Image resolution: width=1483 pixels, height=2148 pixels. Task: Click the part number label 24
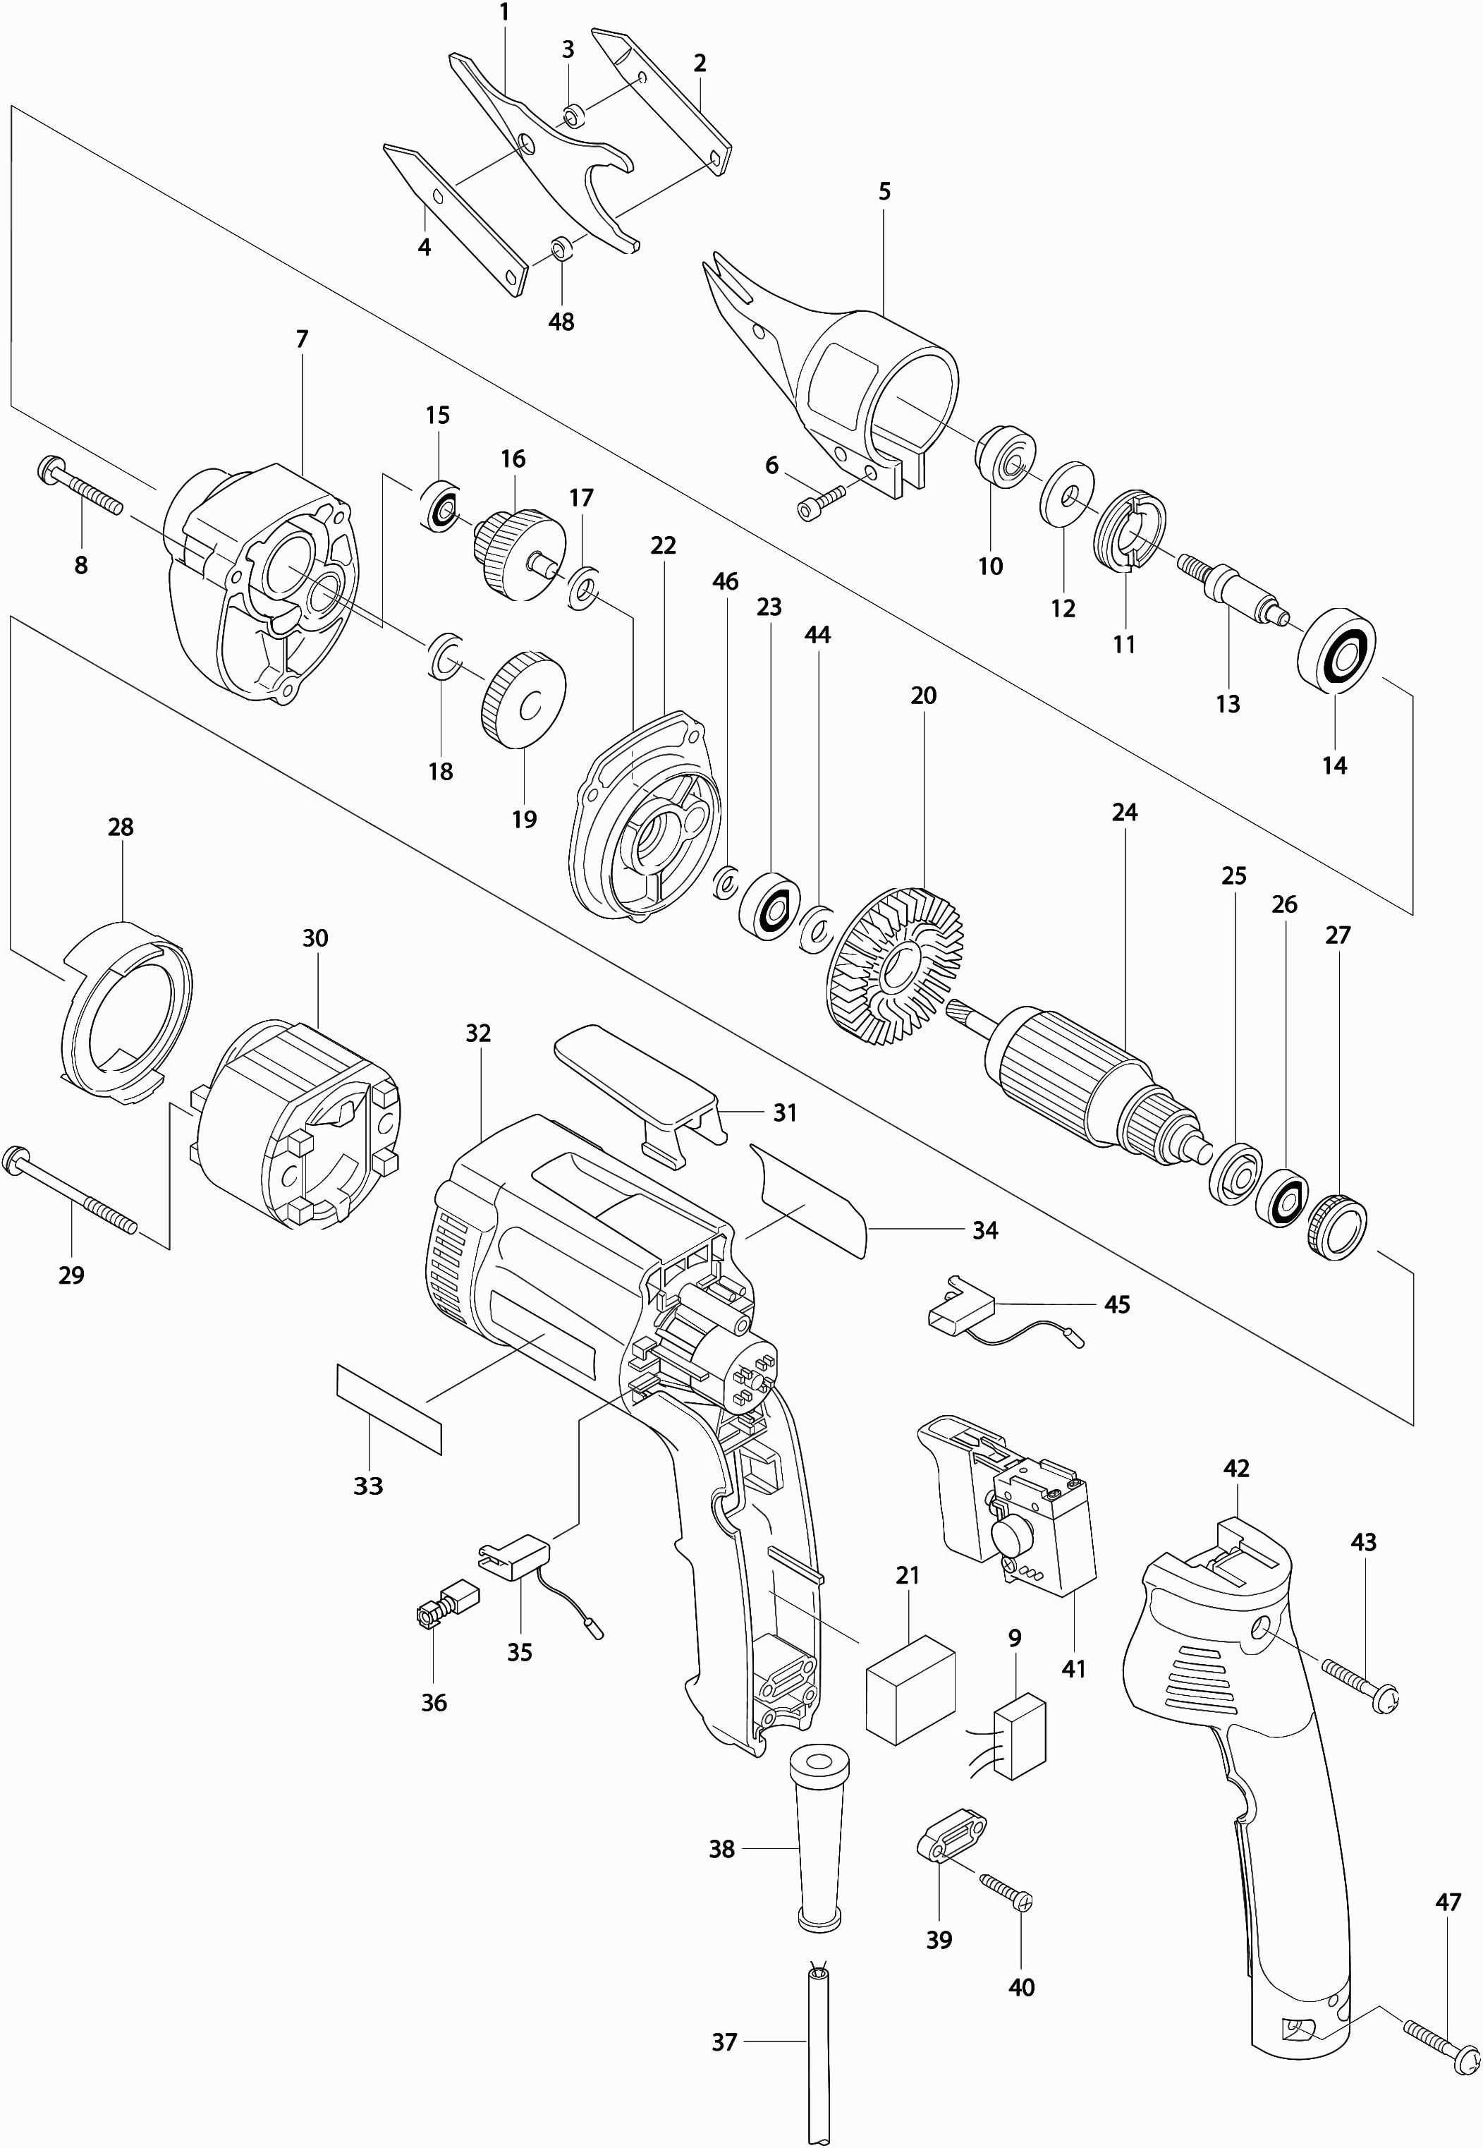pyautogui.click(x=1124, y=813)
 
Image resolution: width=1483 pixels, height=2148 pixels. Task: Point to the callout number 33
pyautogui.click(x=368, y=1486)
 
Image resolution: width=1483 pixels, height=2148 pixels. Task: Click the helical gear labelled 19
pyautogui.click(x=524, y=700)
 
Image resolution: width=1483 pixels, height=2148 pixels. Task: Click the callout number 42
pyautogui.click(x=1235, y=1469)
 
